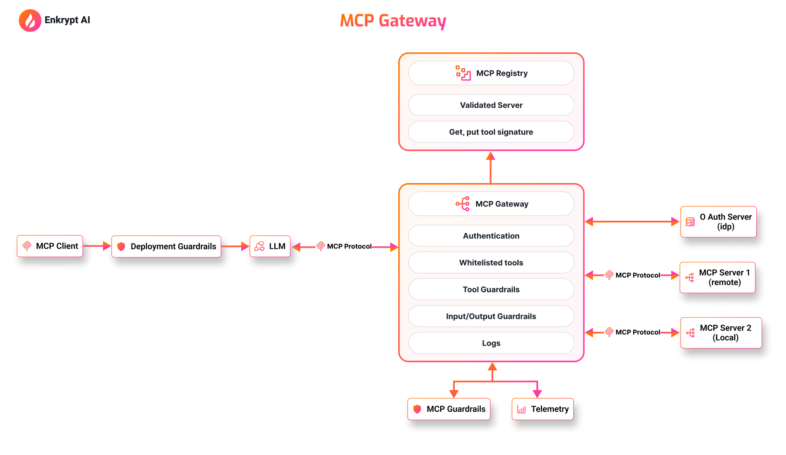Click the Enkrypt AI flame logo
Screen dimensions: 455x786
tap(30, 21)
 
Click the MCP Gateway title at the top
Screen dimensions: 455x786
tap(393, 21)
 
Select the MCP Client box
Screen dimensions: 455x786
tap(50, 246)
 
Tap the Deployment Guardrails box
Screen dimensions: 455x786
tap(166, 246)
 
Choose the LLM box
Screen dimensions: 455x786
tap(270, 246)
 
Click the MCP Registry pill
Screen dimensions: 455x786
tap(491, 73)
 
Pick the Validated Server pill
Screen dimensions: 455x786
tap(491, 105)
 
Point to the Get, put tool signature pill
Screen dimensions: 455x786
tap(491, 132)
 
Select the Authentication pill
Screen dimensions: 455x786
tap(491, 236)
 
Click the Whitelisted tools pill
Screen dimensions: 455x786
tap(491, 263)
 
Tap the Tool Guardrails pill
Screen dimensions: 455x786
tap(491, 290)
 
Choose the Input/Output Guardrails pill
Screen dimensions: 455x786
tap(491, 316)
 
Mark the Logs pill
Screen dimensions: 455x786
tap(491, 343)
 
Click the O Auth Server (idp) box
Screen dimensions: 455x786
tap(719, 222)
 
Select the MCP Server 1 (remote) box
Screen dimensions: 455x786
tap(718, 277)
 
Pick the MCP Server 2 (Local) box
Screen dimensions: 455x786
tap(721, 333)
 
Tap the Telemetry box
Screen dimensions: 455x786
tap(543, 409)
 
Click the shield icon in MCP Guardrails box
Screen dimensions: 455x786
tap(417, 409)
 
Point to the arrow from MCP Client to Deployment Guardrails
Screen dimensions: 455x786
tap(97, 246)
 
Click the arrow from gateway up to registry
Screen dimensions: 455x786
tap(491, 168)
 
